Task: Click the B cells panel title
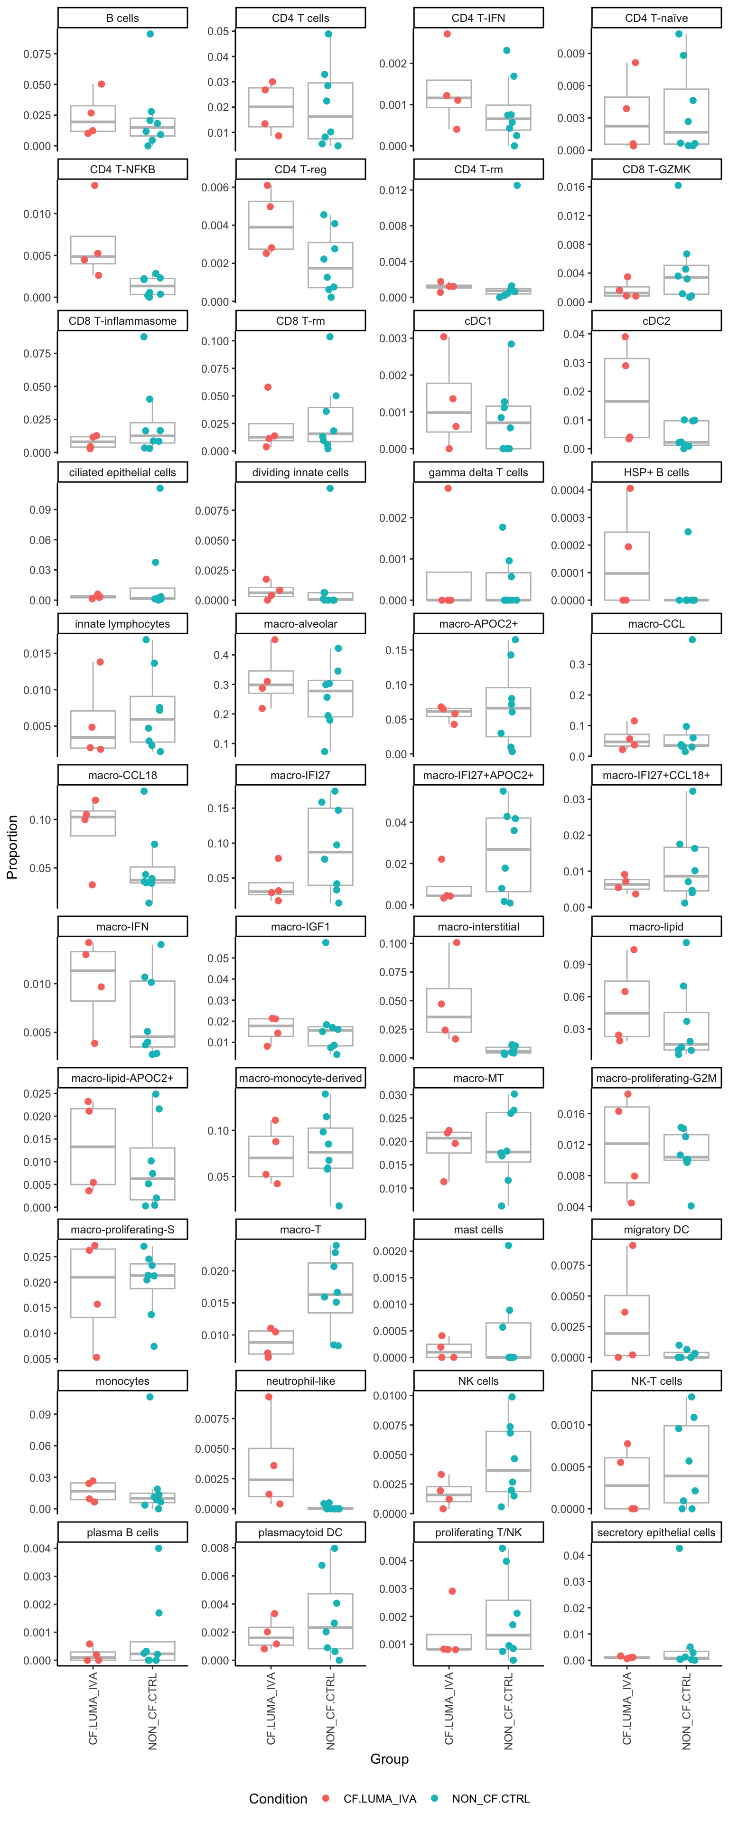tap(122, 18)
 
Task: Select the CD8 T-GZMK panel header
tap(656, 169)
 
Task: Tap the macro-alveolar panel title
tap(300, 623)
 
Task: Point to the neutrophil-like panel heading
tap(300, 1381)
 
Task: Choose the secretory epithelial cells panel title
tap(656, 1532)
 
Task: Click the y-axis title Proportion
tap(12, 846)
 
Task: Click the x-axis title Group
tap(389, 1758)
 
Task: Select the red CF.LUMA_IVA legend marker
tap(326, 1798)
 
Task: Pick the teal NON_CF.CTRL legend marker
tap(435, 1798)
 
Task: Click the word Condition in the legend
tap(278, 1798)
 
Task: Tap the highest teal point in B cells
tap(150, 34)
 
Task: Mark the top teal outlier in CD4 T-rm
tap(517, 186)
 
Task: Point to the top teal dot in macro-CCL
tap(692, 640)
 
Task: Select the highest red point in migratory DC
tap(633, 1246)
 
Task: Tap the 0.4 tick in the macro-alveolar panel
tap(222, 655)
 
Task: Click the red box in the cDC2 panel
tap(626, 398)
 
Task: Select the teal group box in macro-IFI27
tap(330, 846)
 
